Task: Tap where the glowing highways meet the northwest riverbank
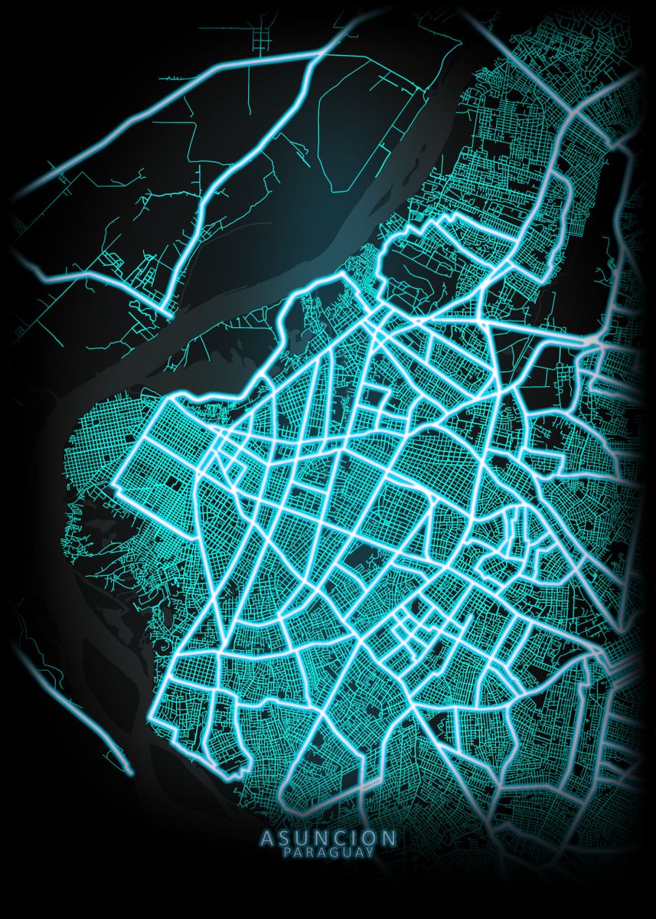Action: click(x=168, y=313)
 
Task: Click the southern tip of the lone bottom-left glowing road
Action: click(x=129, y=771)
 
